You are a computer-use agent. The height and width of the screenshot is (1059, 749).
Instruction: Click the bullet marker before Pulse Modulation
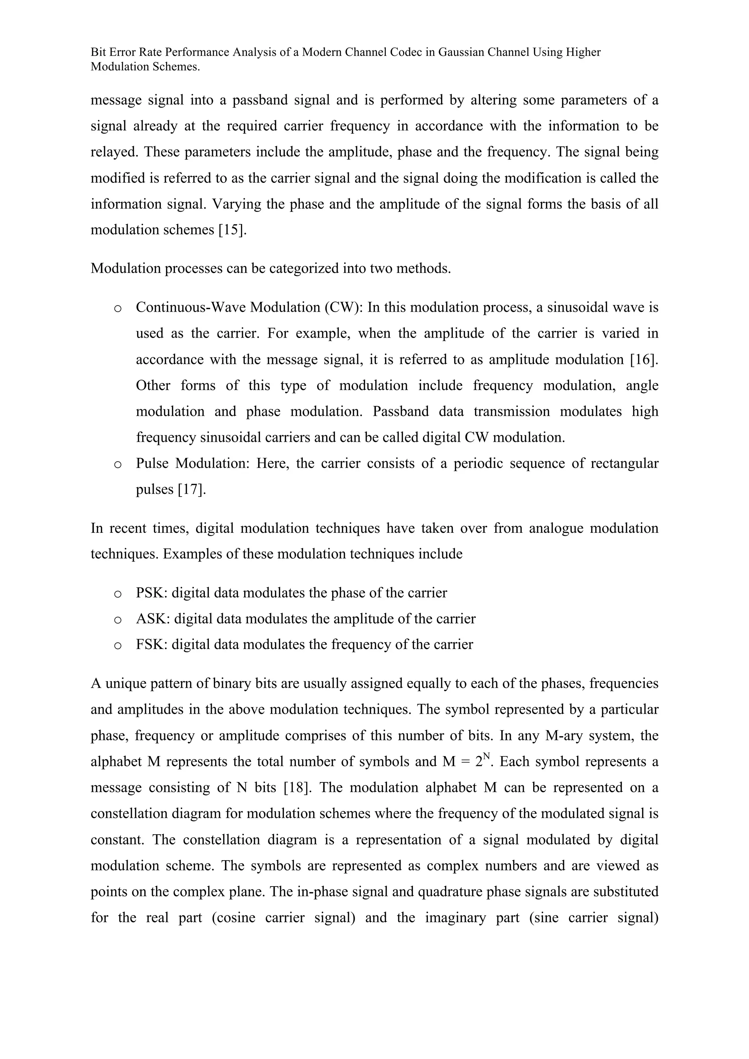118,464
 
